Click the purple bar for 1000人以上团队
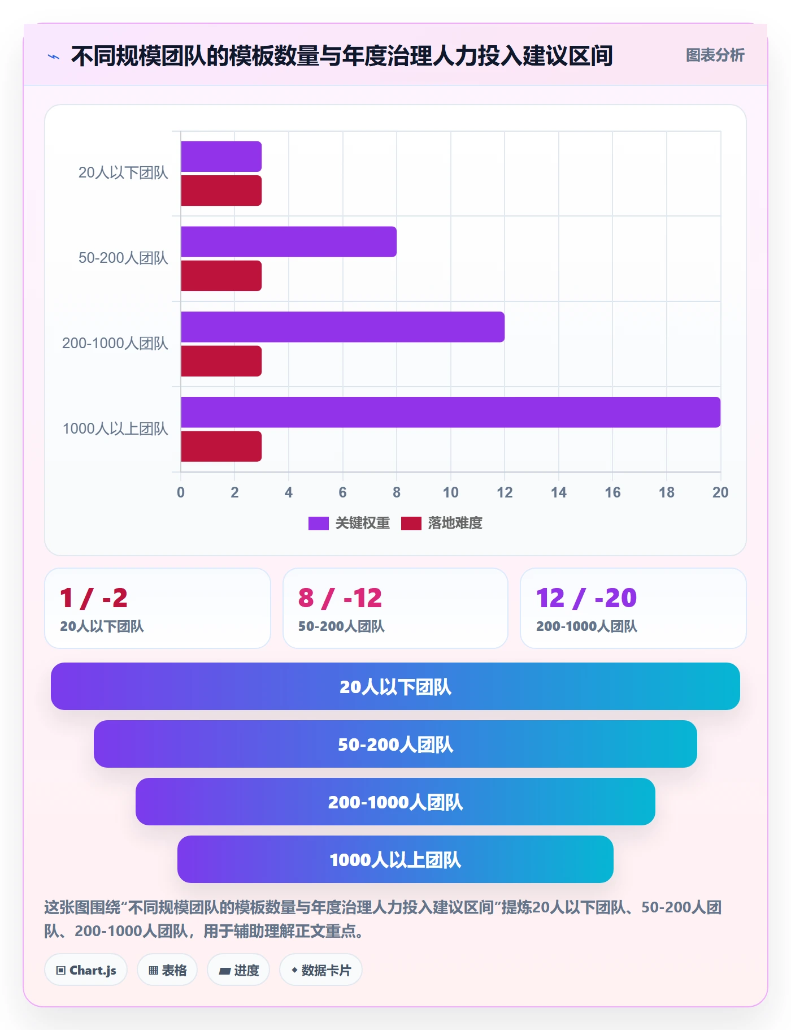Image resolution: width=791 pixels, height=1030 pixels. [x=451, y=412]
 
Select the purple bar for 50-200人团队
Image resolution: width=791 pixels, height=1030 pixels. [x=289, y=241]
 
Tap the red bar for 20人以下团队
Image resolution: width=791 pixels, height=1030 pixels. [x=221, y=191]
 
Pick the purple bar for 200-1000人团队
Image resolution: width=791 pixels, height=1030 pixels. [x=342, y=327]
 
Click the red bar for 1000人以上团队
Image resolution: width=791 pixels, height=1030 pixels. [x=221, y=447]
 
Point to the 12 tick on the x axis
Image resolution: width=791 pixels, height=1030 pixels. [x=505, y=492]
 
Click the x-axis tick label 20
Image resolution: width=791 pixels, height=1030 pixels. [x=720, y=492]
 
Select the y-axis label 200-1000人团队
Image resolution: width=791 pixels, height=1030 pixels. [x=115, y=343]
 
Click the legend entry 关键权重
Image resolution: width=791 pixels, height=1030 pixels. [x=349, y=523]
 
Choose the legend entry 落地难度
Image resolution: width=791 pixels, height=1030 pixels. [x=442, y=523]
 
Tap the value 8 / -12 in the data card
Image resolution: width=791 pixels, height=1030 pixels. [x=340, y=598]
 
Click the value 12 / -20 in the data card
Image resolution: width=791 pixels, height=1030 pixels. [x=586, y=598]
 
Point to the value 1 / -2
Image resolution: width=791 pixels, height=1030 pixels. [x=94, y=598]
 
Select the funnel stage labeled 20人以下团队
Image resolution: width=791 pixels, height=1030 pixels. [x=395, y=686]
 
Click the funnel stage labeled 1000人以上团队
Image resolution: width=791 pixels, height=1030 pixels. [x=395, y=859]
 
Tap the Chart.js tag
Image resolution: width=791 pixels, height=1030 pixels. [x=86, y=970]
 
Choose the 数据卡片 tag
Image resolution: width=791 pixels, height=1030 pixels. [x=321, y=970]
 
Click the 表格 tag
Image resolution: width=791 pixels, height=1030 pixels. [x=167, y=970]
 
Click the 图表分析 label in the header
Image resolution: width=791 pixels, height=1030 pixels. [x=715, y=55]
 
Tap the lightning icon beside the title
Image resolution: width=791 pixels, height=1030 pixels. [x=54, y=57]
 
